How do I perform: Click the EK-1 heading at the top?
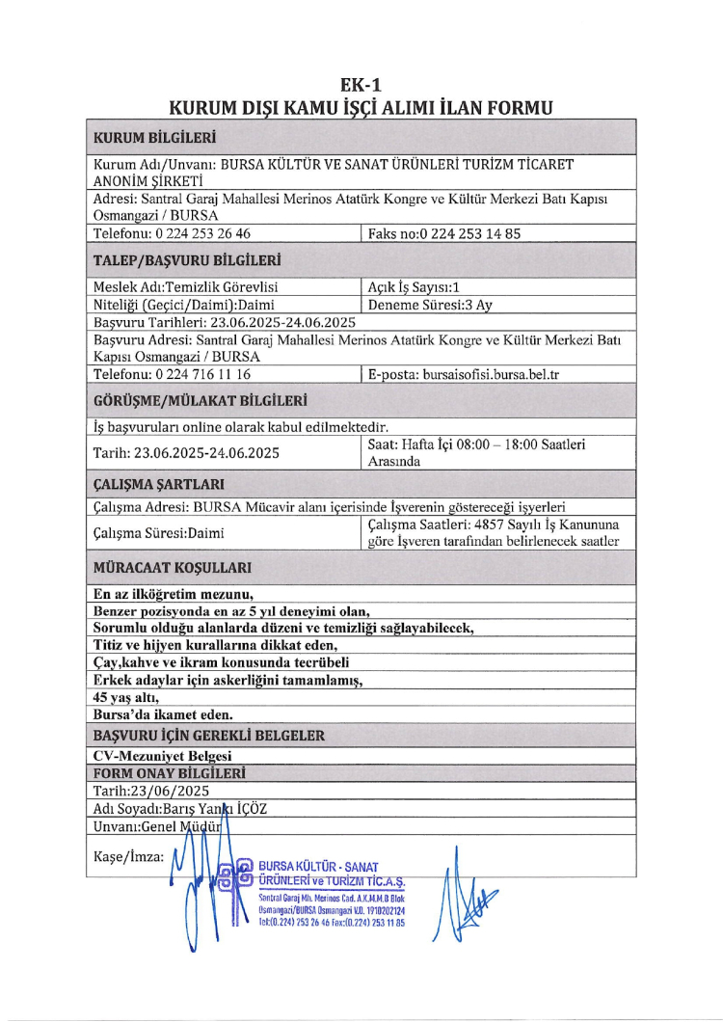361,84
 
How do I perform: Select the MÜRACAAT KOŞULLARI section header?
173,568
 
